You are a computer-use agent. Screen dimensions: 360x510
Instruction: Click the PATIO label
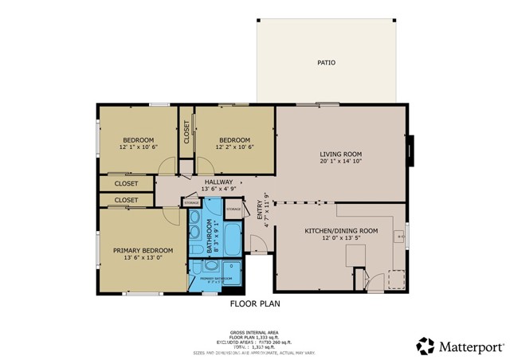click(x=325, y=62)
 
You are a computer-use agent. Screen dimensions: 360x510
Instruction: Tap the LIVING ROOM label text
click(x=341, y=154)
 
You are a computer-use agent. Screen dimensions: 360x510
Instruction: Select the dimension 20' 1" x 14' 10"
click(x=341, y=162)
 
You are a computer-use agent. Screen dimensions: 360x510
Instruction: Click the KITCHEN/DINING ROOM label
click(x=341, y=230)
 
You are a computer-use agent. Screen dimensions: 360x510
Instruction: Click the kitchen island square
click(x=355, y=256)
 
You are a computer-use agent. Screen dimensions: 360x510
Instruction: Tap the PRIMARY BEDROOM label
click(x=138, y=249)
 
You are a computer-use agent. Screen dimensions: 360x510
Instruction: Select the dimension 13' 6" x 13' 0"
click(x=138, y=258)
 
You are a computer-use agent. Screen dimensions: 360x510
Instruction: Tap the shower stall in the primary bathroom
click(x=230, y=268)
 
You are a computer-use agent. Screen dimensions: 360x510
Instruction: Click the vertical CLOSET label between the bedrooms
click(x=186, y=132)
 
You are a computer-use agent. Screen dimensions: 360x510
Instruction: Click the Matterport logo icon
click(x=426, y=345)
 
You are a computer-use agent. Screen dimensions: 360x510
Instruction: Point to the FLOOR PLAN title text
click(x=255, y=303)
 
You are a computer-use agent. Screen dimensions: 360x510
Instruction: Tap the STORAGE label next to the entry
click(x=233, y=209)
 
